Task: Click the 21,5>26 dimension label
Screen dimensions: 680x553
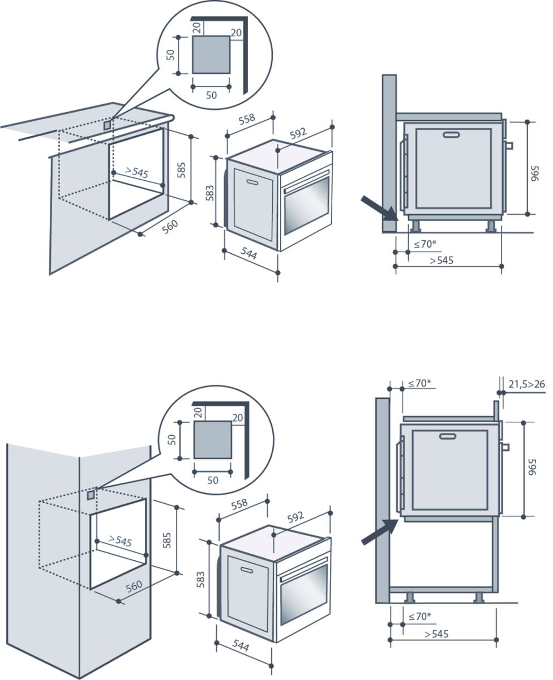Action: pos(526,385)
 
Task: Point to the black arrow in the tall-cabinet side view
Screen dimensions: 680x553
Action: pos(379,532)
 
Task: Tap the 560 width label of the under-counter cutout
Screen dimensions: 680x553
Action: pos(170,227)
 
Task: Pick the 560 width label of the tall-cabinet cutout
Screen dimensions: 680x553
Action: pos(134,587)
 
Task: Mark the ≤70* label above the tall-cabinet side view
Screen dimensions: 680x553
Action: pos(419,383)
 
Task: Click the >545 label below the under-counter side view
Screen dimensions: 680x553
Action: pos(441,261)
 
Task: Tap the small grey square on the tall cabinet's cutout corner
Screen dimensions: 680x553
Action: pos(91,495)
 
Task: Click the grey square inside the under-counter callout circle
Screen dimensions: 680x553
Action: pos(211,54)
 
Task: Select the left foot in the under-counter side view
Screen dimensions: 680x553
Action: pos(416,226)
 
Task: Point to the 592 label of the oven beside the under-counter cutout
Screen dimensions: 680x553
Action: pos(298,133)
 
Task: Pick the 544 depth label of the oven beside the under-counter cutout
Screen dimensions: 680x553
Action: pos(248,256)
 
